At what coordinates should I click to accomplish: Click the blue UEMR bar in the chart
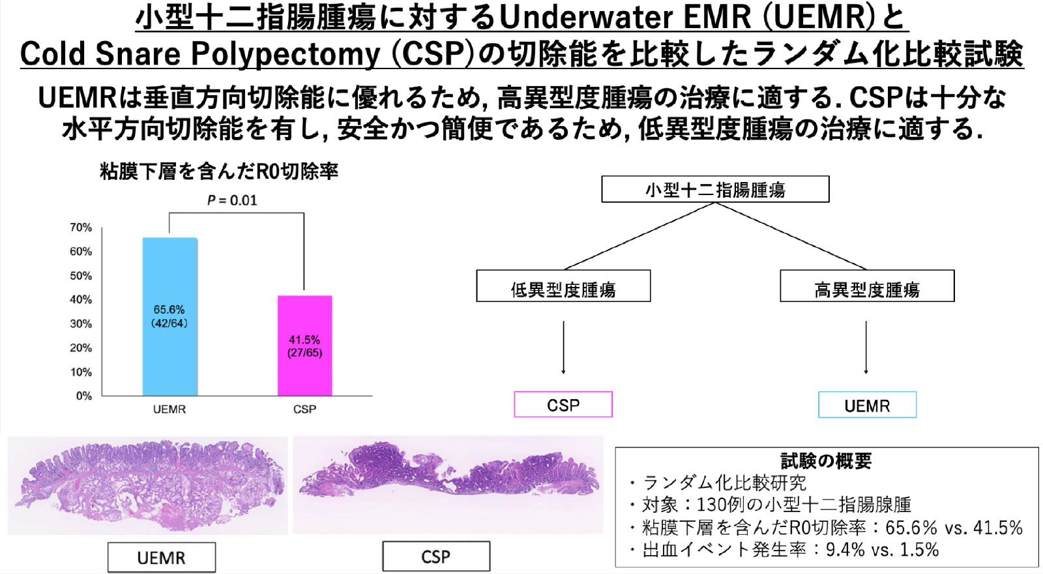coord(169,317)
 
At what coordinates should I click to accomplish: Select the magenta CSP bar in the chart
coord(304,346)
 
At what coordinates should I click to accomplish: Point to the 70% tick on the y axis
coord(81,228)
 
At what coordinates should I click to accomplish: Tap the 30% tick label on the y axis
coord(81,324)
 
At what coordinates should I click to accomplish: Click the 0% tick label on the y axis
coord(84,396)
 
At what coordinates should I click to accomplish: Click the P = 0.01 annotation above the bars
coord(232,200)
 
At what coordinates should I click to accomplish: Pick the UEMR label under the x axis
coord(169,409)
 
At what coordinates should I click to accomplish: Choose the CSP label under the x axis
coord(304,409)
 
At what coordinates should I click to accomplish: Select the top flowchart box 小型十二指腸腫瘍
coord(715,189)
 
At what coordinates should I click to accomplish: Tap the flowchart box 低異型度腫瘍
coord(563,286)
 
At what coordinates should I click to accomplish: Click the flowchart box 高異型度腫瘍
coord(867,286)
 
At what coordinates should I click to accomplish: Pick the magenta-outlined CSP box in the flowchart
coord(563,404)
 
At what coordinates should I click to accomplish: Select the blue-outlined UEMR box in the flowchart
coord(867,405)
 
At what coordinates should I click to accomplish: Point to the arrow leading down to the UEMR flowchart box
coord(866,347)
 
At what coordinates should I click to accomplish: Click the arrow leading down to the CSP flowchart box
coord(563,347)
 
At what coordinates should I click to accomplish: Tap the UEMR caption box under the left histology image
coord(162,557)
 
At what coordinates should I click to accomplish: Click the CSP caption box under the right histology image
coord(436,556)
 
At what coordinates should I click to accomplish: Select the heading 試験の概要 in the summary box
coord(827,461)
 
